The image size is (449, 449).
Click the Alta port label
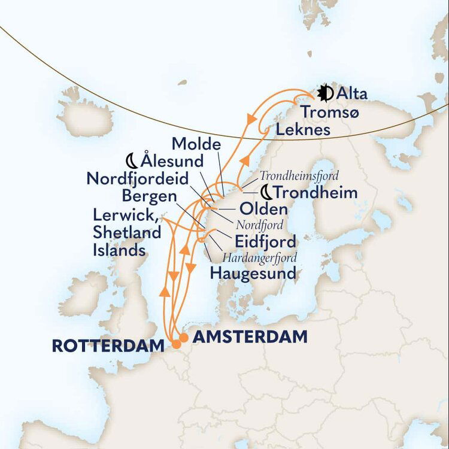pyautogui.click(x=352, y=93)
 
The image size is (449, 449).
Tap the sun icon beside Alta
pyautogui.click(x=324, y=93)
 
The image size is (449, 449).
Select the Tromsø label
pyautogui.click(x=330, y=112)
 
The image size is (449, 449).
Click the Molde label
pyautogui.click(x=196, y=144)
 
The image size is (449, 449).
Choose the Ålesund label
pyautogui.click(x=172, y=161)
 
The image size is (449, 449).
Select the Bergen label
pyautogui.click(x=149, y=196)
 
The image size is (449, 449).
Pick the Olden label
pyautogui.click(x=263, y=210)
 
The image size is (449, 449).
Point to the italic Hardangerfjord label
pyautogui.click(x=259, y=257)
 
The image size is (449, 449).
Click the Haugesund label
pyautogui.click(x=253, y=274)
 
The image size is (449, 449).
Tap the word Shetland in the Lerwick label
pyautogui.click(x=127, y=232)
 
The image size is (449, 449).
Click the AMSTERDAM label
pyautogui.click(x=250, y=337)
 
